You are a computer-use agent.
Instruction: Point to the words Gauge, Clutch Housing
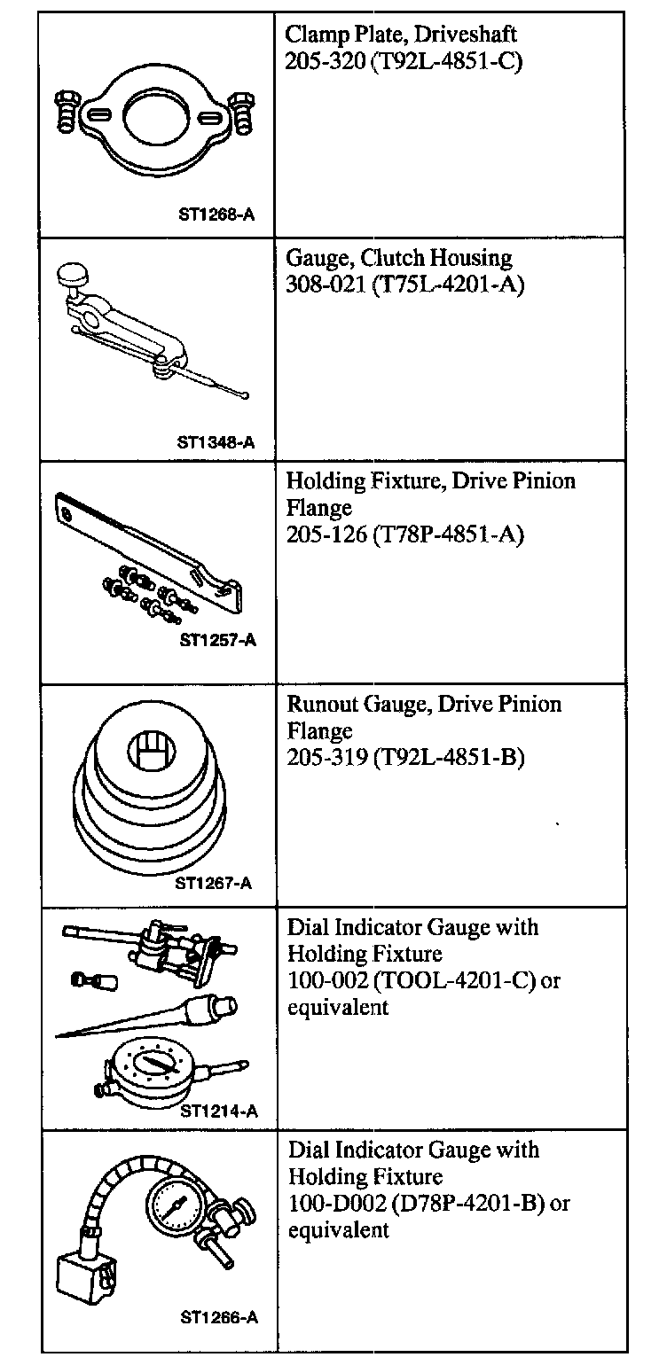click(399, 258)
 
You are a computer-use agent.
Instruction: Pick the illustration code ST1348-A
click(215, 442)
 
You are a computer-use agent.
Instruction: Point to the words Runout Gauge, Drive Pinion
click(424, 704)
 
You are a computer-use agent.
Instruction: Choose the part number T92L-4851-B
click(449, 759)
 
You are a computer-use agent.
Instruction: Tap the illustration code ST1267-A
click(213, 882)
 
